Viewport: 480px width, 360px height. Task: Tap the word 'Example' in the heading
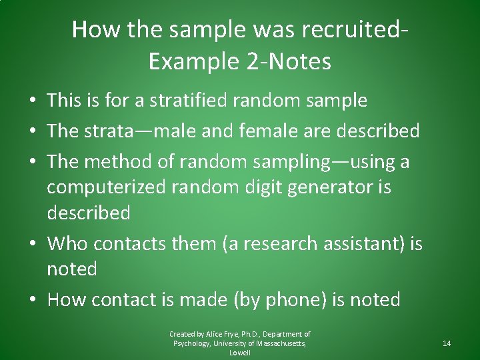(x=191, y=61)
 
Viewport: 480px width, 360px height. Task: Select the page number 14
(x=447, y=343)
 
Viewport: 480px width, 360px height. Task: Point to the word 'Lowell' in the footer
(x=240, y=353)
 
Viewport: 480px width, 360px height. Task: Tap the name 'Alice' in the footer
(x=215, y=334)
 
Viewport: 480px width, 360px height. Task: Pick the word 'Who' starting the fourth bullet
(x=63, y=244)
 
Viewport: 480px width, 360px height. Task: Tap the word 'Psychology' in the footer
(x=192, y=343)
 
